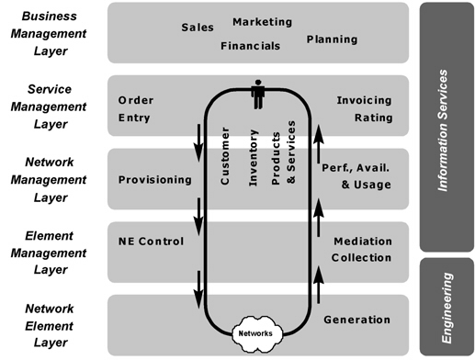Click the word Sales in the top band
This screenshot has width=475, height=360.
tap(198, 28)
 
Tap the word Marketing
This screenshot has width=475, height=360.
tap(262, 21)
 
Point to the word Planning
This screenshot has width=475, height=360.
tap(332, 39)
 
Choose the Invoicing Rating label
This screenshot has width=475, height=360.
tap(364, 108)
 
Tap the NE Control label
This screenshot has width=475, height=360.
tap(151, 242)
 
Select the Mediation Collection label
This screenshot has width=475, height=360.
tap(362, 249)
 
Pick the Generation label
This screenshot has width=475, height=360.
tap(356, 321)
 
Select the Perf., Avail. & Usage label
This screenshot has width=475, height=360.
tap(356, 177)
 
